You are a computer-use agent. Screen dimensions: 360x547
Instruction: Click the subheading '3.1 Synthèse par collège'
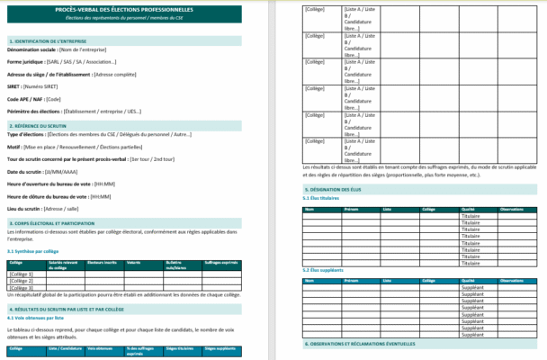coord(32,251)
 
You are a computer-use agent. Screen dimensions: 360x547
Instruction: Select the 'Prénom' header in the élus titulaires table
coord(350,209)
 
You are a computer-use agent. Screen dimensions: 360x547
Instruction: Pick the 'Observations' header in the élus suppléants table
coord(513,280)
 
